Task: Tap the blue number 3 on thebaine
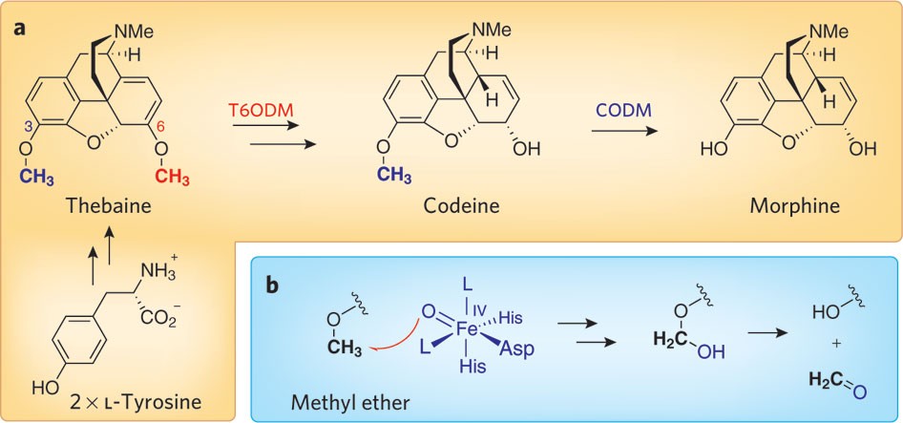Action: click(29, 129)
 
